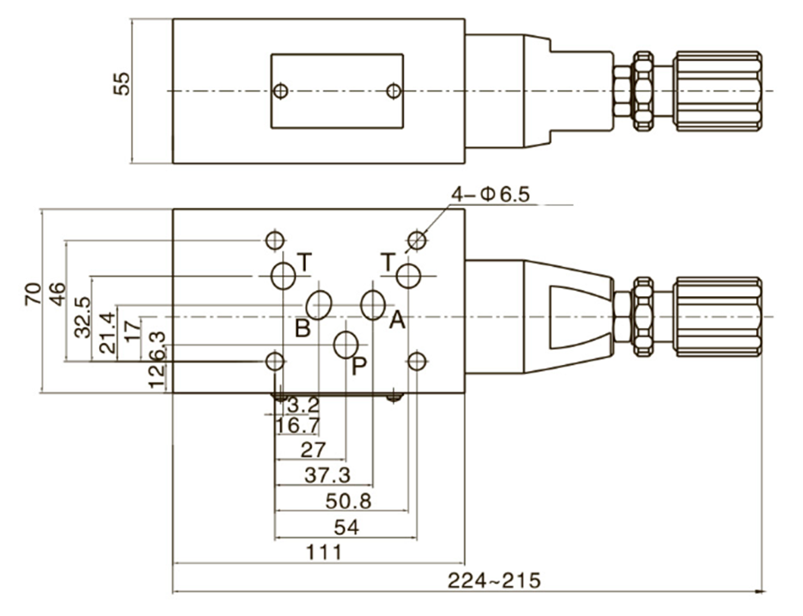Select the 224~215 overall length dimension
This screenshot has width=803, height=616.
pos(493,581)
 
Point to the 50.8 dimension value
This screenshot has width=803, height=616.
pos(348,501)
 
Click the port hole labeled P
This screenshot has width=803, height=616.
pos(346,346)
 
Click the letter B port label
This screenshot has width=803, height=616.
pos(302,329)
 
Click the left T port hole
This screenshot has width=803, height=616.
pos(283,276)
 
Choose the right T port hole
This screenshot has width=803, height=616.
pos(409,276)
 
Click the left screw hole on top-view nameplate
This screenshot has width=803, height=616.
pos(281,91)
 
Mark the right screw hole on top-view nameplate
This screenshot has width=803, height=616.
pos(394,91)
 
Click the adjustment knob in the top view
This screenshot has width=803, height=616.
pos(716,91)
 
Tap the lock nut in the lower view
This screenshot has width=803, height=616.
pos(643,316)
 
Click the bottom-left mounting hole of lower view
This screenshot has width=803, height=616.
pos(275,361)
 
